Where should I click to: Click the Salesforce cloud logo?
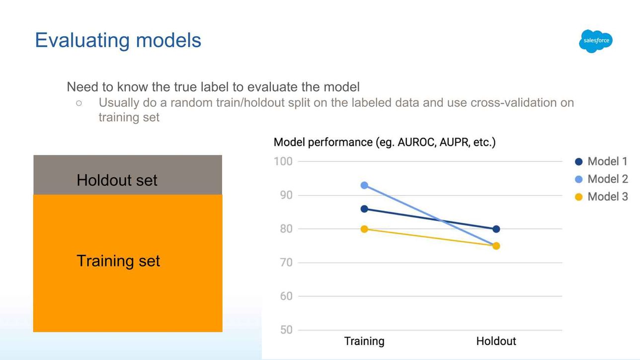pyautogui.click(x=596, y=41)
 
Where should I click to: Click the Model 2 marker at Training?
pyautogui.click(x=364, y=185)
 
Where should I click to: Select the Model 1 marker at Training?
pyautogui.click(x=364, y=209)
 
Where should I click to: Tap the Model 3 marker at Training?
pyautogui.click(x=364, y=229)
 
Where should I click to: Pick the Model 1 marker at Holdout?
pyautogui.click(x=496, y=229)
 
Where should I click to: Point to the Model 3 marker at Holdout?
pyautogui.click(x=496, y=246)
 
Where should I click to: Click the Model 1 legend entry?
pyautogui.click(x=601, y=161)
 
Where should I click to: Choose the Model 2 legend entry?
pyautogui.click(x=601, y=179)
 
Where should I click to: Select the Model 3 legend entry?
pyautogui.click(x=601, y=197)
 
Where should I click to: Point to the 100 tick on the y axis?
pyautogui.click(x=283, y=161)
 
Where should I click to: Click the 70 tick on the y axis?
pyautogui.click(x=286, y=263)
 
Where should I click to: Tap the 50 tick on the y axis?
pyautogui.click(x=286, y=330)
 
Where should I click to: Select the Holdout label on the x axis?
pyautogui.click(x=496, y=341)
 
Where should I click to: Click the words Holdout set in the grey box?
pyautogui.click(x=117, y=180)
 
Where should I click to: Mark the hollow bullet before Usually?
pyautogui.click(x=79, y=103)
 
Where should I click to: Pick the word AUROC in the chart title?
pyautogui.click(x=417, y=142)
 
